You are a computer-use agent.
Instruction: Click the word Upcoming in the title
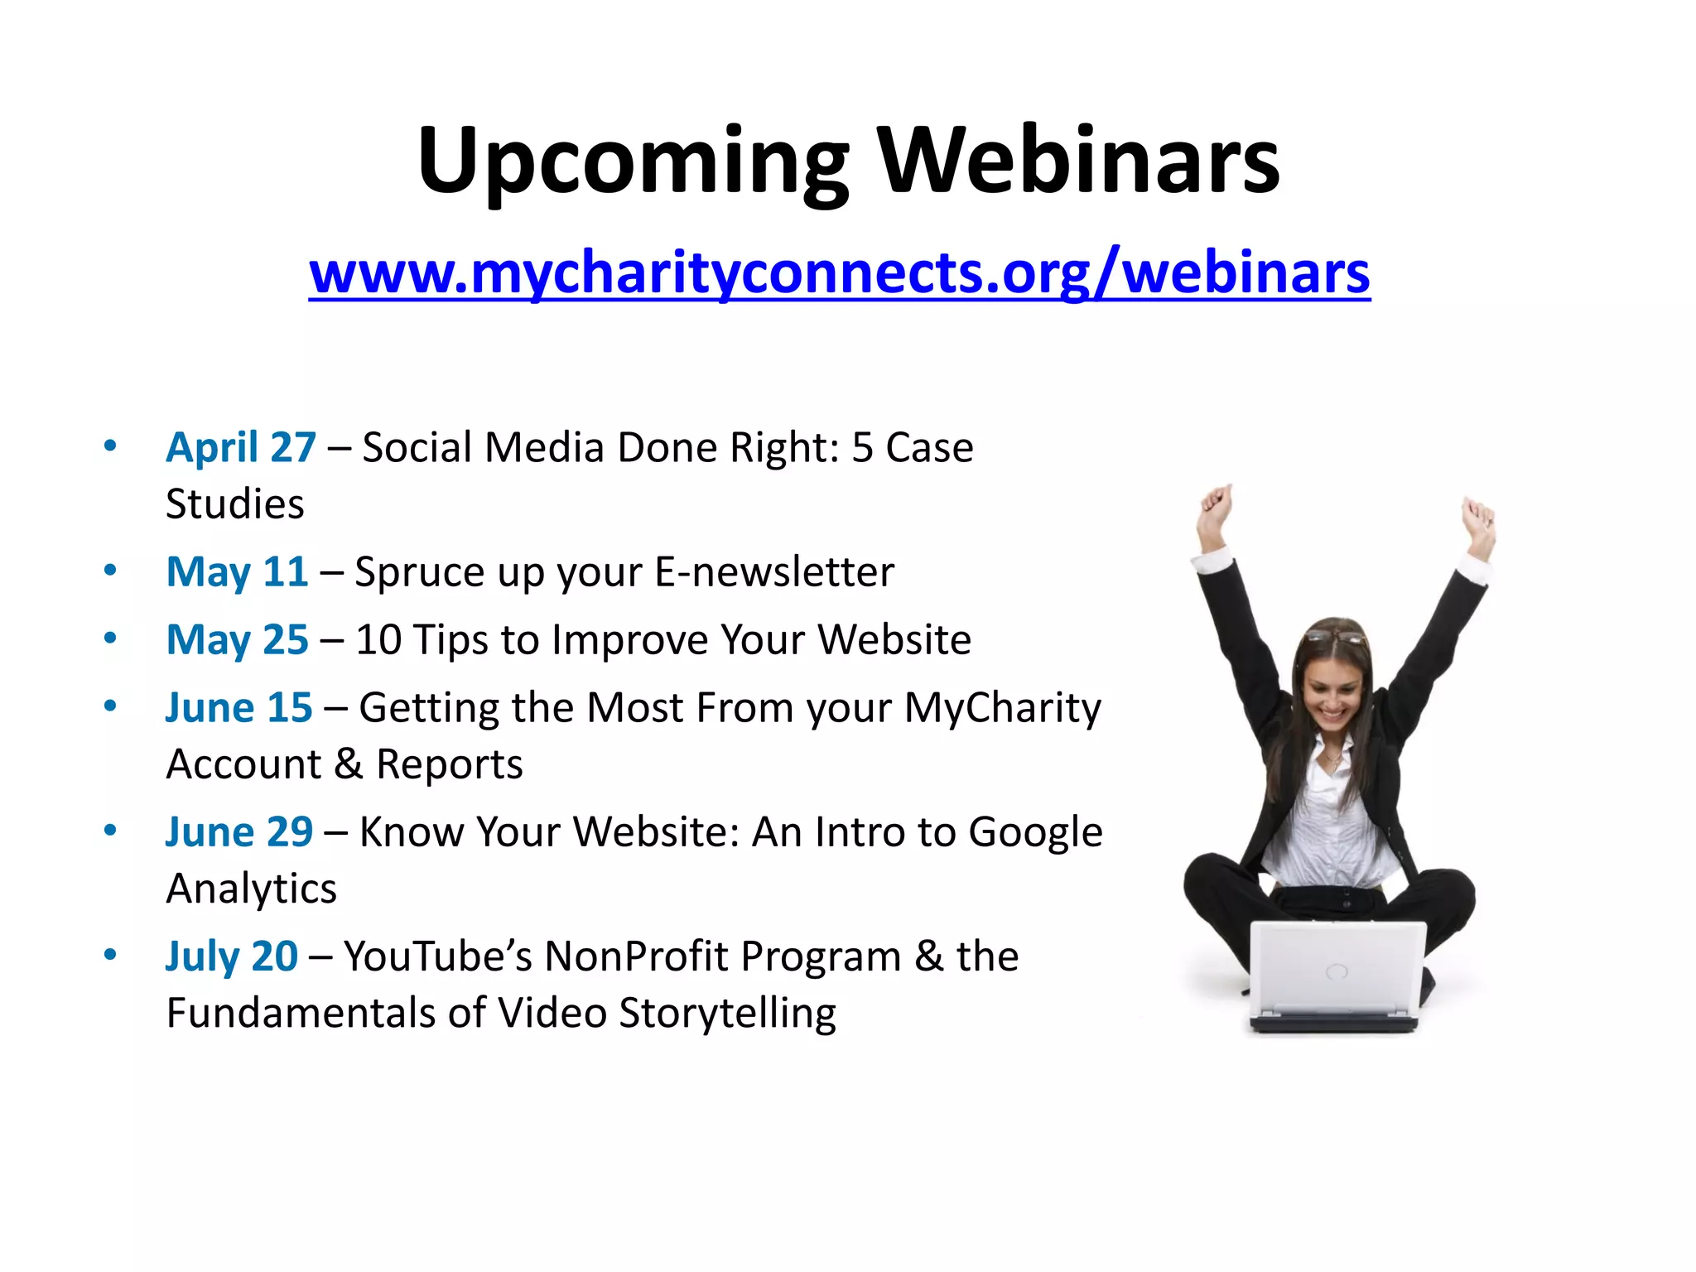[x=633, y=161]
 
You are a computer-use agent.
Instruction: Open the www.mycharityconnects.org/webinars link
[x=839, y=272]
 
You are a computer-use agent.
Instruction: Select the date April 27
[x=241, y=448]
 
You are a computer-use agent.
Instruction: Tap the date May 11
[x=238, y=572]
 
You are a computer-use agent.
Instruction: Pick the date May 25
[x=238, y=640]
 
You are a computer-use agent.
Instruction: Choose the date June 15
[x=239, y=708]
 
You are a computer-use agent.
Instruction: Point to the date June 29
[x=239, y=832]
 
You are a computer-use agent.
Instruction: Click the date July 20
[x=232, y=956]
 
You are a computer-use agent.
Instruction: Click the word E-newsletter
[x=774, y=572]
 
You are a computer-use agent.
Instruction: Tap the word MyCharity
[x=1002, y=709]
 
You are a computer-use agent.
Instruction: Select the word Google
[x=1035, y=833]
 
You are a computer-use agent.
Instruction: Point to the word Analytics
[x=252, y=889]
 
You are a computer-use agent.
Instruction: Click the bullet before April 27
[x=110, y=446]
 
